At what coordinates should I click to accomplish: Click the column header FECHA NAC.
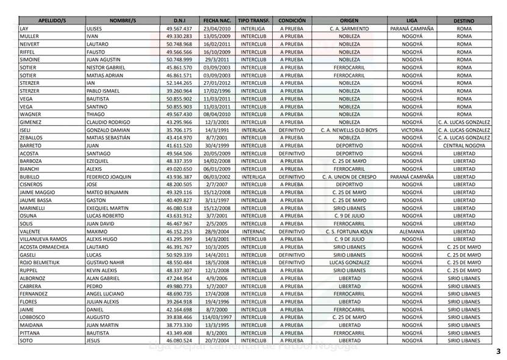[217, 21]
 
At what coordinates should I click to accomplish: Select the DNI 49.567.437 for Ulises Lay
[179, 29]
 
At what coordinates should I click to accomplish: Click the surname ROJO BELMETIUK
[40, 262]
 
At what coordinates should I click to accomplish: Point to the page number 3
[498, 351]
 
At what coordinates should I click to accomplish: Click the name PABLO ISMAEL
[105, 91]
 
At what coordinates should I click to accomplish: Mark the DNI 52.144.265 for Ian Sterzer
[179, 83]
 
